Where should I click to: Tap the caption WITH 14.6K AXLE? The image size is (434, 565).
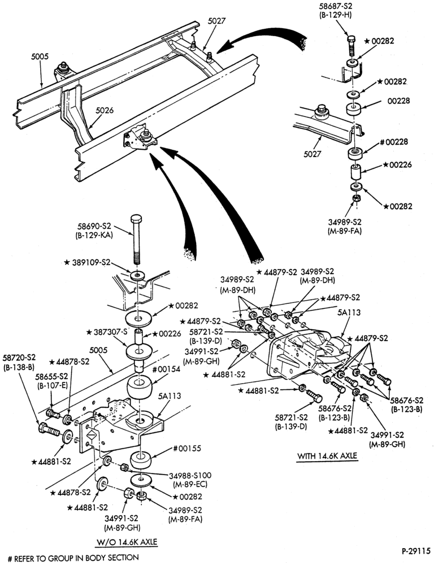(327, 456)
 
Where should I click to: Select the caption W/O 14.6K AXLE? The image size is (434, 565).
(127, 542)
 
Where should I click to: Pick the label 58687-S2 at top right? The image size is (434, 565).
(335, 7)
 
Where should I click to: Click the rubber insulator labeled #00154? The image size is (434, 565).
(139, 386)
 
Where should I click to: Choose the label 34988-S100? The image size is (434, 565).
(190, 475)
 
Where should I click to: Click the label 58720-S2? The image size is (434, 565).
(19, 358)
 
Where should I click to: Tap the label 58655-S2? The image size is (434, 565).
(51, 376)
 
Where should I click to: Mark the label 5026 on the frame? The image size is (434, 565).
(105, 110)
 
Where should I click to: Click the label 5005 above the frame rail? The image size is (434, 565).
(40, 56)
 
